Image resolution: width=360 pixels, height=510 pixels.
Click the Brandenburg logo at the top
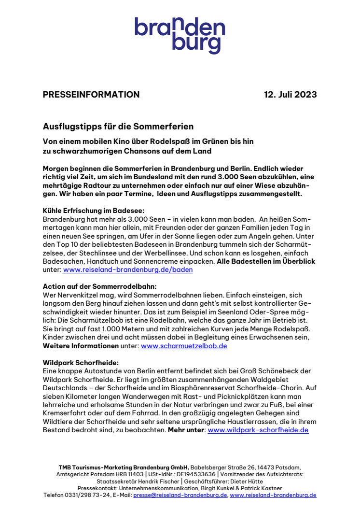pyautogui.click(x=180, y=35)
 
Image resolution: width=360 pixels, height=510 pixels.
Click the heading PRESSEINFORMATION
pyautogui.click(x=91, y=95)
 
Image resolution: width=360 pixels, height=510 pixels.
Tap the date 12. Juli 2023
pyautogui.click(x=290, y=95)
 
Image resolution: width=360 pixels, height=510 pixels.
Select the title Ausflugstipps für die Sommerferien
pyautogui.click(x=118, y=127)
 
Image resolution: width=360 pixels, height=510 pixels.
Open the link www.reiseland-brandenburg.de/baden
pyautogui.click(x=128, y=269)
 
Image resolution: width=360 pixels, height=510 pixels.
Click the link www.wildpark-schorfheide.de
pyautogui.click(x=258, y=430)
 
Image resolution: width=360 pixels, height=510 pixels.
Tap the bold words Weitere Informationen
pyautogui.click(x=80, y=346)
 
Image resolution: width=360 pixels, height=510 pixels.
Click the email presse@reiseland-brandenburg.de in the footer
pyautogui.click(x=180, y=496)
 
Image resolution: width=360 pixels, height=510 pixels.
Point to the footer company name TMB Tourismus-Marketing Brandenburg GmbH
pyautogui.click(x=124, y=467)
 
